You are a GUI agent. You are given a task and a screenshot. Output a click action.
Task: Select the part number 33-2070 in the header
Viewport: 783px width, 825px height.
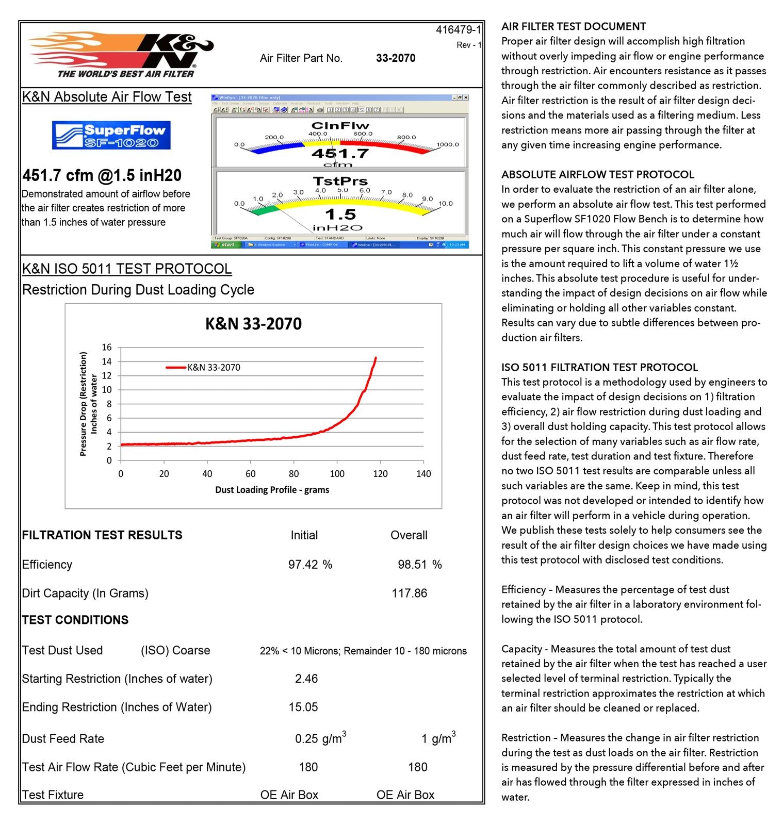pyautogui.click(x=396, y=58)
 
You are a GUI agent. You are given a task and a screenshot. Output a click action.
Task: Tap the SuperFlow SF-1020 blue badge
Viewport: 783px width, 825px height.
pyautogui.click(x=111, y=136)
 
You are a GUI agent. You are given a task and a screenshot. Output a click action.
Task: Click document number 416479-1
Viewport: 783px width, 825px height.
pyautogui.click(x=458, y=30)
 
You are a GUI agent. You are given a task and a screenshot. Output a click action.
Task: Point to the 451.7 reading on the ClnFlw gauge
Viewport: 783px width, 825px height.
pyautogui.click(x=340, y=153)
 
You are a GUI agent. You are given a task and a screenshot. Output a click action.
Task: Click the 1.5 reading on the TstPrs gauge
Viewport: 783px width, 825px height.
pyautogui.click(x=340, y=214)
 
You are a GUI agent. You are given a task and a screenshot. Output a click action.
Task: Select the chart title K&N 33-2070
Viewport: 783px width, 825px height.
pyautogui.click(x=253, y=324)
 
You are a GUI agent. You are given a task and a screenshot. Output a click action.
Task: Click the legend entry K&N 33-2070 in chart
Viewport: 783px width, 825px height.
pyautogui.click(x=213, y=368)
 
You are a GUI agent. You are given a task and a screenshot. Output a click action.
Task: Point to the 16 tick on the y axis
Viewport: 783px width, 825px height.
pyautogui.click(x=106, y=348)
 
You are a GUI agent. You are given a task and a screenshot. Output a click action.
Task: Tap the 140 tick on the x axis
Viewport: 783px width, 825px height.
pyautogui.click(x=423, y=474)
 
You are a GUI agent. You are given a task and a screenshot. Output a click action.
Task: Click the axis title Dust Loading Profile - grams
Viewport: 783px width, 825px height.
pyautogui.click(x=272, y=490)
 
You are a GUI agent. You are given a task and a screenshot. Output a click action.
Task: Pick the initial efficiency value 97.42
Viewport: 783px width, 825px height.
pyautogui.click(x=303, y=565)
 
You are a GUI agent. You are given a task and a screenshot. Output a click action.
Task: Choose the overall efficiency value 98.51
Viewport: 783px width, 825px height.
pyautogui.click(x=412, y=565)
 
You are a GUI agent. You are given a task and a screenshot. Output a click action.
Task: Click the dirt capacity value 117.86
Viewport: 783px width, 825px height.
pyautogui.click(x=409, y=593)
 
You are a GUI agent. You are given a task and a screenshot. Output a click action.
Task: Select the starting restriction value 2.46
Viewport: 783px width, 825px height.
pyautogui.click(x=306, y=679)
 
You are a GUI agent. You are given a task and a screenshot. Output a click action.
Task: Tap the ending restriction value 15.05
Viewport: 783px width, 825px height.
pyautogui.click(x=303, y=707)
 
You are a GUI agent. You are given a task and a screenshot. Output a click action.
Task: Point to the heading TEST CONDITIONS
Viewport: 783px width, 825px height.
pyautogui.click(x=75, y=620)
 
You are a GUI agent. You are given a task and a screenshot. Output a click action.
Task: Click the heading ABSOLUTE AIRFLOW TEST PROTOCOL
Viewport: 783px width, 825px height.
pyautogui.click(x=597, y=174)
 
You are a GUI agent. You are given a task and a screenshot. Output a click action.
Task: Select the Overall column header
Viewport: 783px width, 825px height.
pyautogui.click(x=409, y=535)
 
